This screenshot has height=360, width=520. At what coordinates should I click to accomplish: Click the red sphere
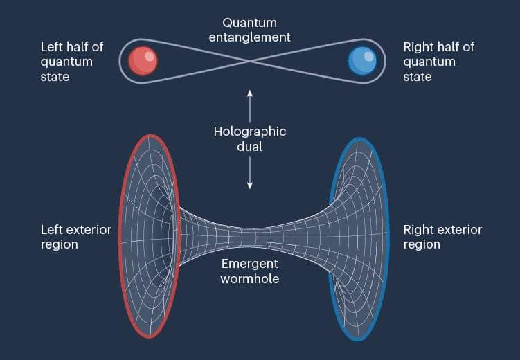tap(143, 62)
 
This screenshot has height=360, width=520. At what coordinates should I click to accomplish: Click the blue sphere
tap(362, 62)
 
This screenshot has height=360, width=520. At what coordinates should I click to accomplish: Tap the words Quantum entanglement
tap(250, 30)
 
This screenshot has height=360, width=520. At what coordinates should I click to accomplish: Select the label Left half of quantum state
tap(72, 62)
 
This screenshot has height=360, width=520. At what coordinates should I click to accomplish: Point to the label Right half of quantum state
tap(439, 62)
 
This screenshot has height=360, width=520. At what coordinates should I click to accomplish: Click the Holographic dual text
tap(250, 139)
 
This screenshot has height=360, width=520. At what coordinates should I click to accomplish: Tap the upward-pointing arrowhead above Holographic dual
tap(250, 93)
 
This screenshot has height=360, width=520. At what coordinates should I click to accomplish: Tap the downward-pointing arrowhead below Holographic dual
tap(250, 186)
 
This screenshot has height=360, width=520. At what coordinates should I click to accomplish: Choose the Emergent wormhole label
tap(250, 271)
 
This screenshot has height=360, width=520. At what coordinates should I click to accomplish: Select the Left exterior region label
tap(76, 237)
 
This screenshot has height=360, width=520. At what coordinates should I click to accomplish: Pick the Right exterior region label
tap(442, 237)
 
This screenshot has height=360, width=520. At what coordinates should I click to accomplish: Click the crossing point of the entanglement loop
tap(250, 62)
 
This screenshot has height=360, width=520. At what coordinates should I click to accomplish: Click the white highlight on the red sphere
tap(150, 56)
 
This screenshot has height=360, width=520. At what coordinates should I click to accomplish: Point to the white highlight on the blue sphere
tap(368, 56)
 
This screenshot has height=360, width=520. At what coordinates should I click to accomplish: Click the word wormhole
tap(250, 278)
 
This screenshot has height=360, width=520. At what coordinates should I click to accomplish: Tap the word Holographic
tap(250, 132)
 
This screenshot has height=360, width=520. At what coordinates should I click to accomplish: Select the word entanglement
tap(250, 37)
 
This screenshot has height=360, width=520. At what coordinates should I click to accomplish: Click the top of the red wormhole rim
tap(151, 136)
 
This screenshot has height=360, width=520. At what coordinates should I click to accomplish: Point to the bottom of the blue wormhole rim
tap(358, 339)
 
